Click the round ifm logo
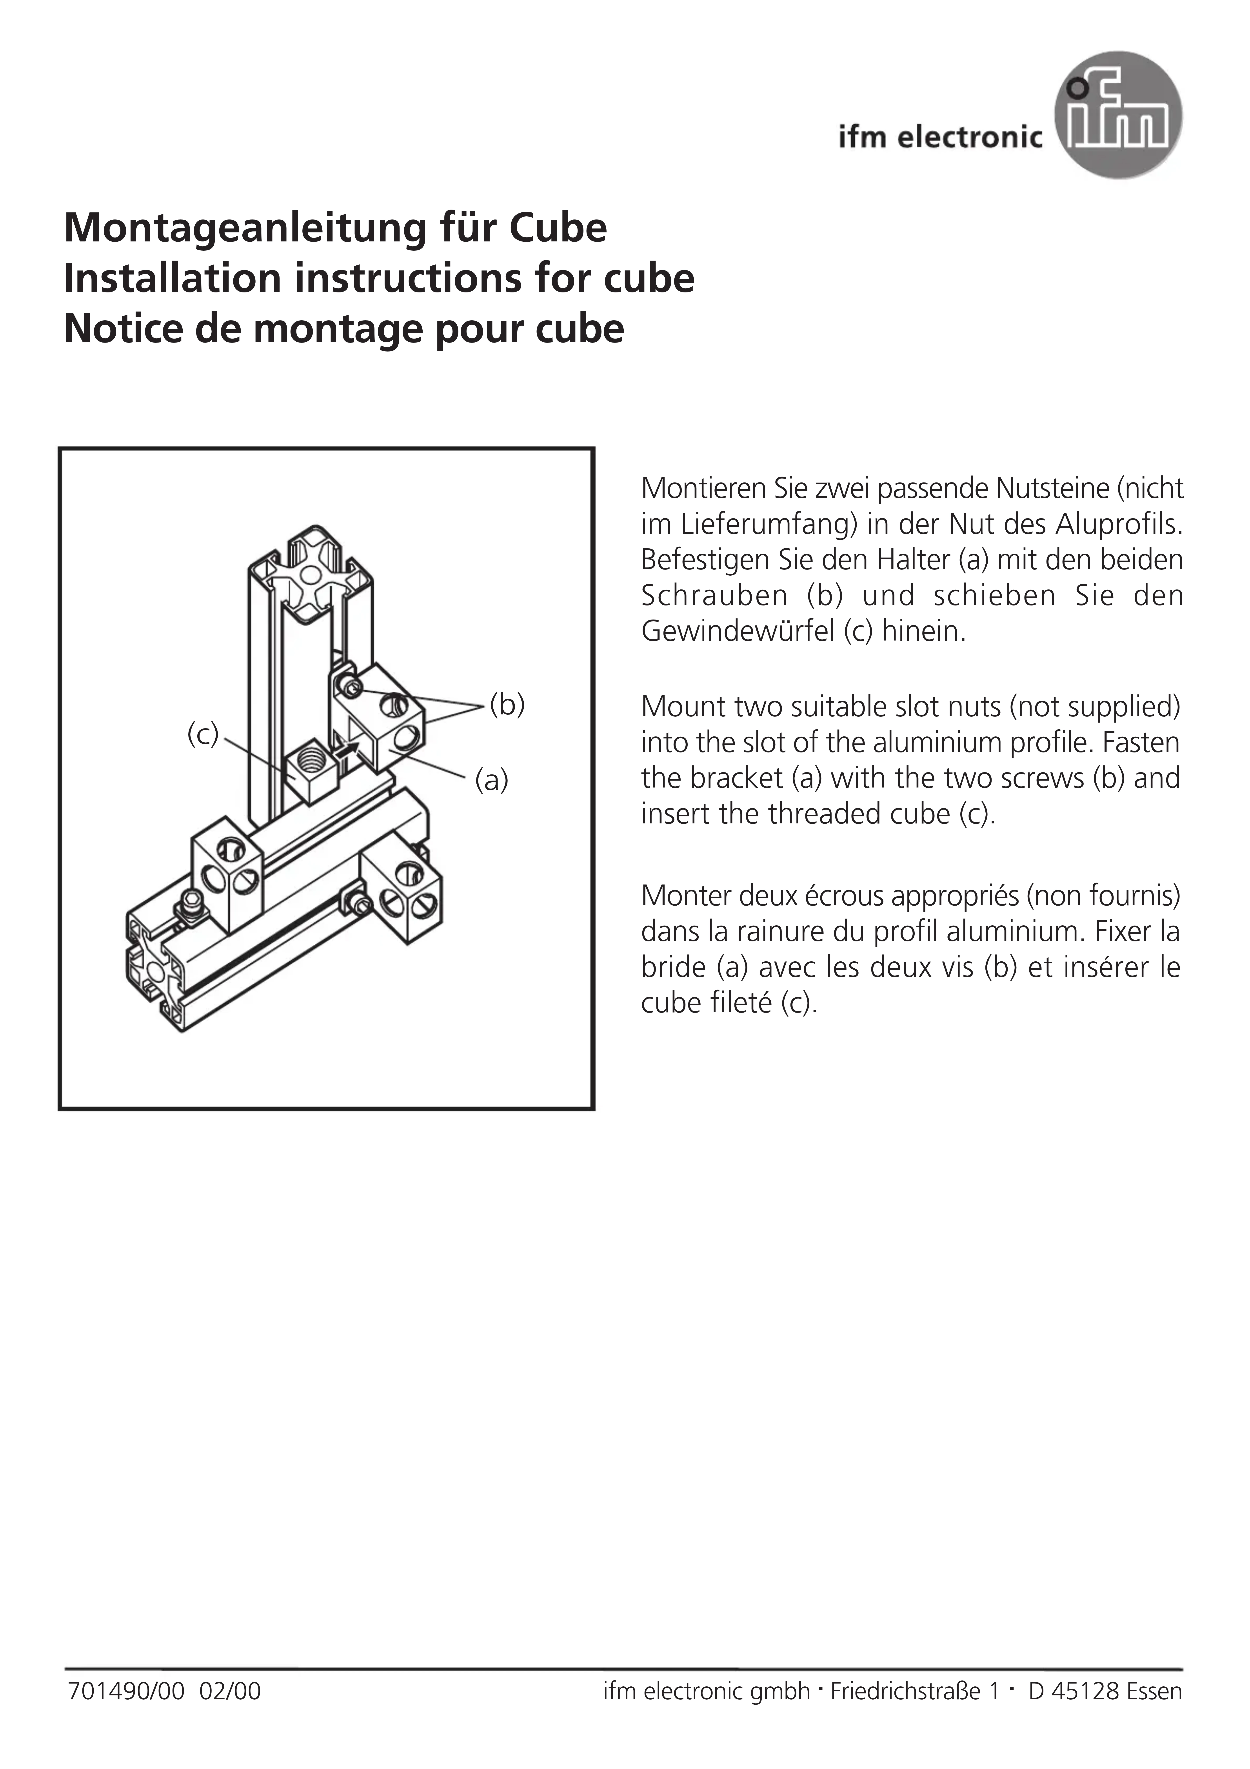1117,116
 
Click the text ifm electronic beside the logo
940,137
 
